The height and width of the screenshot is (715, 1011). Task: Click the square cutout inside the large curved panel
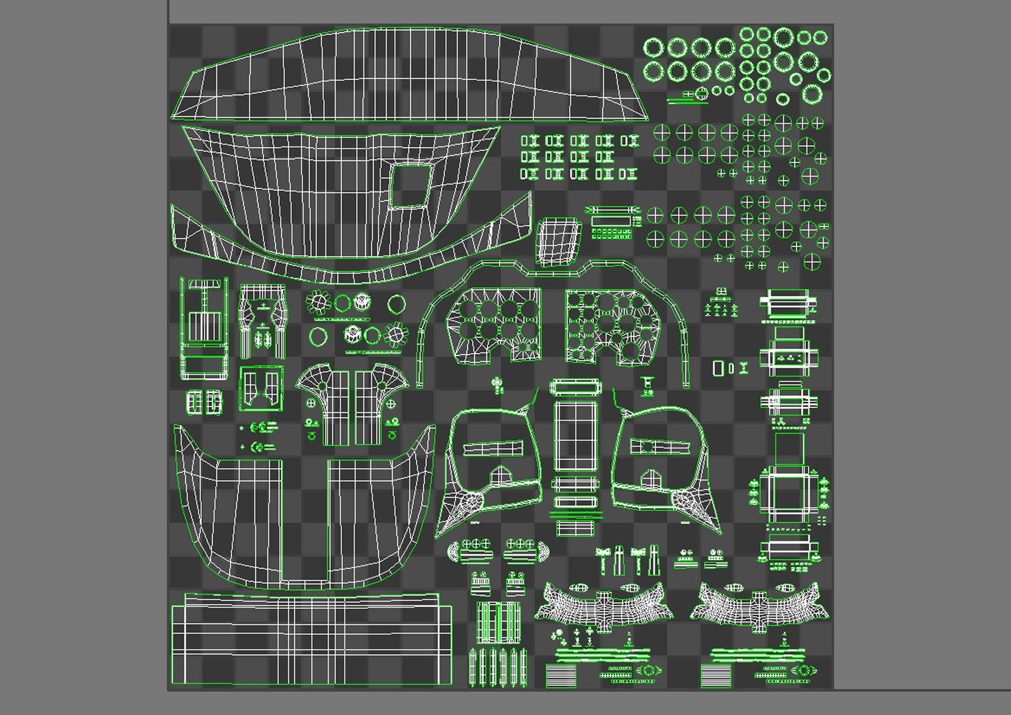pos(410,185)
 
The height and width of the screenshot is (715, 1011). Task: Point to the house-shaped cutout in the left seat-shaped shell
pos(500,475)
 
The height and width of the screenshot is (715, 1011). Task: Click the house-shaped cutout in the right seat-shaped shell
pos(651,477)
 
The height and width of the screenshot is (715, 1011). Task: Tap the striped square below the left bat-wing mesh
pos(558,675)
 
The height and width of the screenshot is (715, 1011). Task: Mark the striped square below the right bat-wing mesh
pos(712,675)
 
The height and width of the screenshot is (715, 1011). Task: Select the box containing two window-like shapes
pos(261,388)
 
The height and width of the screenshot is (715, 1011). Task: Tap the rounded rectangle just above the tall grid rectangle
pos(574,386)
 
